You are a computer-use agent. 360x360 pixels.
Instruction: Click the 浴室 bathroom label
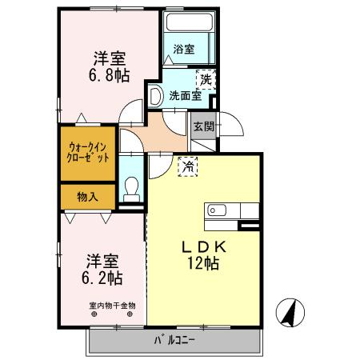point(184,50)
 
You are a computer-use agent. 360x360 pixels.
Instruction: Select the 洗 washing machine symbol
point(206,78)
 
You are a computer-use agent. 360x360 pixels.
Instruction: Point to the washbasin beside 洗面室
point(156,94)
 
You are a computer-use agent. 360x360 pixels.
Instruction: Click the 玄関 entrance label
point(203,126)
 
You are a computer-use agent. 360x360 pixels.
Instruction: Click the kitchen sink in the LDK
point(217,210)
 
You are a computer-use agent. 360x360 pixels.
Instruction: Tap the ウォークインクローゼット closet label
point(88,152)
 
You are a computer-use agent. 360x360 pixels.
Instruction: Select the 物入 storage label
point(88,196)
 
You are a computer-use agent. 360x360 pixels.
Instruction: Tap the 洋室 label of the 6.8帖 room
point(110,58)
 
